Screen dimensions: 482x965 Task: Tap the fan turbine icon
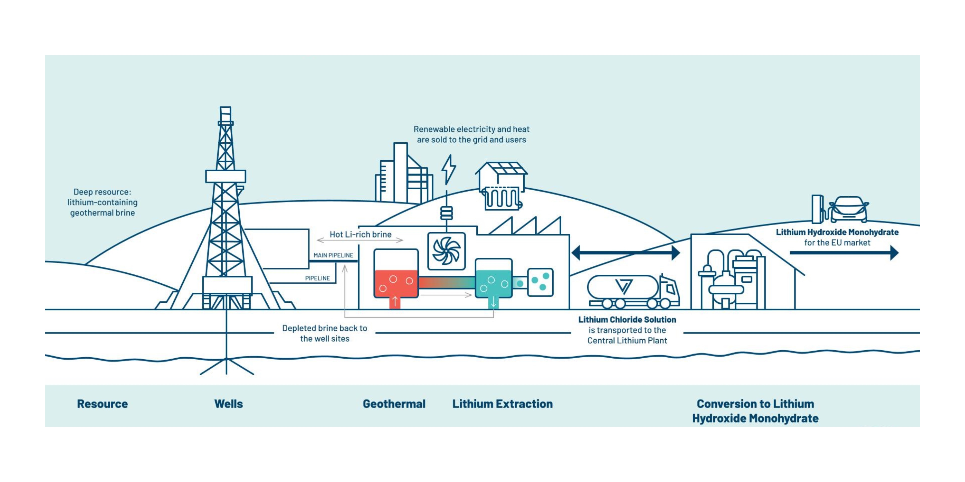[x=446, y=251]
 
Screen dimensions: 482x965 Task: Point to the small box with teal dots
[x=540, y=282]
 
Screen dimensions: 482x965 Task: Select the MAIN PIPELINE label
[x=333, y=255]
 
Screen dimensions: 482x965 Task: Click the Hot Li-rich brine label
[x=360, y=234]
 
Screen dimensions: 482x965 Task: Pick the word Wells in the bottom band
[x=228, y=404]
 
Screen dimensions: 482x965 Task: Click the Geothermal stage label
[x=394, y=404]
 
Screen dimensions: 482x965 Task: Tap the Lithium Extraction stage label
[x=502, y=404]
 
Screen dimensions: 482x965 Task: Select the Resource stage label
[x=102, y=404]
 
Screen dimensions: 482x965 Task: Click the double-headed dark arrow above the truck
[x=626, y=253]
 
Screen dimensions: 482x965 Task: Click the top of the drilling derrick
[x=225, y=112]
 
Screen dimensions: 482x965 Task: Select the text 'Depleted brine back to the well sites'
[x=325, y=333]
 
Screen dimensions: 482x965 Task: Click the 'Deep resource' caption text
[x=102, y=202]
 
